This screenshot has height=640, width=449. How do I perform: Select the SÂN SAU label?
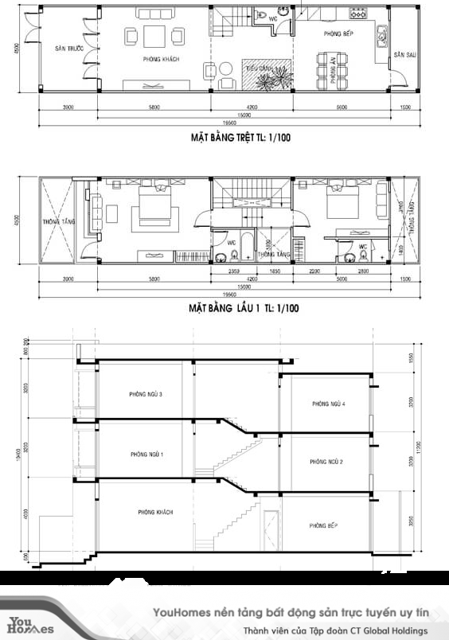point(404,55)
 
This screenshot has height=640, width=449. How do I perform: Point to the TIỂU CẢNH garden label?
point(255,68)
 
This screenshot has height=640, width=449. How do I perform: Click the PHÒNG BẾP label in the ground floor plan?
point(339,35)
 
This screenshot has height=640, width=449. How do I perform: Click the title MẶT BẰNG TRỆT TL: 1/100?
point(240,138)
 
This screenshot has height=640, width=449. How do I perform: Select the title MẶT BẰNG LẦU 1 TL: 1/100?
point(244,306)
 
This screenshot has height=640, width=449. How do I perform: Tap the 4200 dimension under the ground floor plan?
point(251,106)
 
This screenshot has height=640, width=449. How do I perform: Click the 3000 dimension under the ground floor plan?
point(68,106)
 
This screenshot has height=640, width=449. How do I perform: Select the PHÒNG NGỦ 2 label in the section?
point(325,462)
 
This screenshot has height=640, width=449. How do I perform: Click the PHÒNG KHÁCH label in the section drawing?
point(154,512)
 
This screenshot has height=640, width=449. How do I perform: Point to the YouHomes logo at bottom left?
point(29,624)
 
